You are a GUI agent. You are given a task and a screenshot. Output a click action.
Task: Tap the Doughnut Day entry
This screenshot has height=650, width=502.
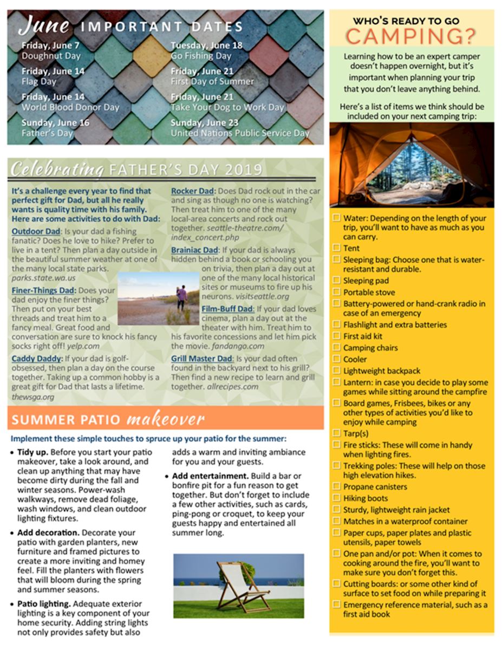coord(51,55)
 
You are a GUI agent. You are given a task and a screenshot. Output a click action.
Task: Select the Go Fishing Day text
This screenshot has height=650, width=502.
coord(201,55)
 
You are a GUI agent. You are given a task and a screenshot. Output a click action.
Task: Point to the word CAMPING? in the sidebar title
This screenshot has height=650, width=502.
coord(411,36)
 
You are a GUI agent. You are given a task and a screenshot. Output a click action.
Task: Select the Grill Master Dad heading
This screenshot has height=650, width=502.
coord(202,358)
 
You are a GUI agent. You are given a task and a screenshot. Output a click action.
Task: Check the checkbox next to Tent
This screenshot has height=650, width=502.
coord(336,248)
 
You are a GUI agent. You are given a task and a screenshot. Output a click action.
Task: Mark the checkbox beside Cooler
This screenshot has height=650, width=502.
coord(336,359)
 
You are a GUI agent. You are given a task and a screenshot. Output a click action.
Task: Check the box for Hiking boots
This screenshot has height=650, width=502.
coord(336,498)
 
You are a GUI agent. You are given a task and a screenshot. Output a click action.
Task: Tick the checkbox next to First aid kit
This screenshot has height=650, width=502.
coord(336,336)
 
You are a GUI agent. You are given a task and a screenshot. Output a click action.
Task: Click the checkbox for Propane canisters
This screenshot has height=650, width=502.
coord(336,487)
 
